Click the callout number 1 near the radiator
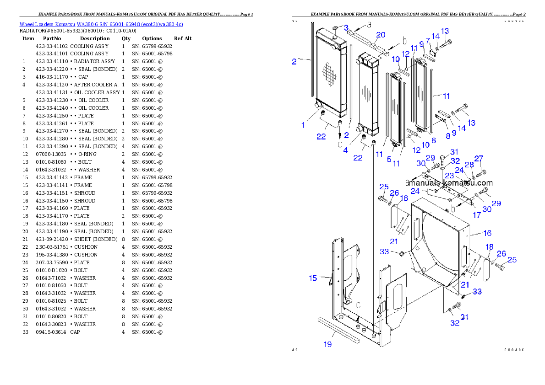(x=303, y=125)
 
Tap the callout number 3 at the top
(x=346, y=28)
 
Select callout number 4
(x=346, y=150)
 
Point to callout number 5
(x=389, y=159)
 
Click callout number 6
(x=433, y=141)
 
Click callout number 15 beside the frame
(x=313, y=278)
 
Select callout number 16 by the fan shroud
(x=487, y=233)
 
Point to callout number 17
(x=477, y=214)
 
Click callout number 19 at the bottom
(x=328, y=344)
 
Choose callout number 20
(x=381, y=35)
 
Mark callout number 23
(x=449, y=175)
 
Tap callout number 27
(x=479, y=159)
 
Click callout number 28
(x=469, y=165)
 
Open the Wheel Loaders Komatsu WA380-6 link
(x=101, y=24)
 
